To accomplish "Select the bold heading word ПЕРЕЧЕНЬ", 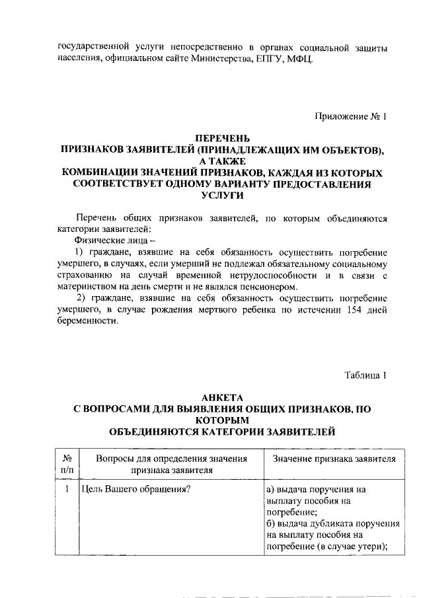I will tap(222, 139).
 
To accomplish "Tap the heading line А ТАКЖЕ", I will tap(222, 161).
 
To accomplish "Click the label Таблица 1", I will tap(365, 376).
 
